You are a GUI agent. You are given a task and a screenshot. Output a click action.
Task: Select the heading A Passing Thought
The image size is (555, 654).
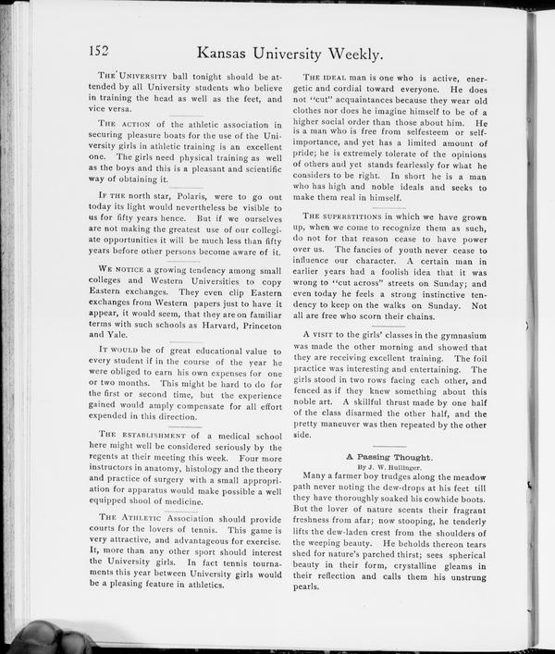click(388, 457)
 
